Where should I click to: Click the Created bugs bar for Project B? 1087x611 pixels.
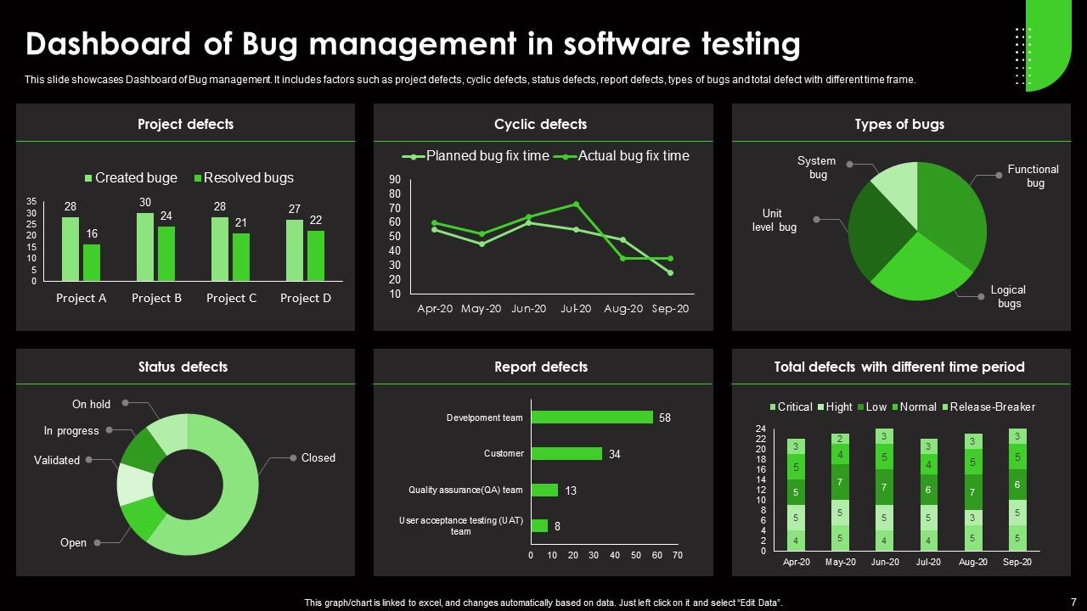(145, 246)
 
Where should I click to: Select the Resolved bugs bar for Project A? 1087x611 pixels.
(92, 262)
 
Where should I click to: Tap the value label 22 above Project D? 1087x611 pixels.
(315, 220)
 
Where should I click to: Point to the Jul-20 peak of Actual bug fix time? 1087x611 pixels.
(576, 204)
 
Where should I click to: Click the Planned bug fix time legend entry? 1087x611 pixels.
(479, 156)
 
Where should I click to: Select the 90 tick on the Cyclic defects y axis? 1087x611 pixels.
(395, 179)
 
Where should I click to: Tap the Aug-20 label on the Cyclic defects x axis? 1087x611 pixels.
(622, 309)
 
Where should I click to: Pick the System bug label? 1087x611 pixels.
(817, 167)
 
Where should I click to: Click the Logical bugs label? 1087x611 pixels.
(1008, 296)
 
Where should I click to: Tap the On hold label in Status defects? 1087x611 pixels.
(91, 404)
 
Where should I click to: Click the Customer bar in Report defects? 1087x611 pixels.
(566, 454)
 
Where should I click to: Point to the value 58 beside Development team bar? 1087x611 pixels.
(665, 418)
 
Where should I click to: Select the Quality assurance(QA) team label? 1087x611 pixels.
(465, 490)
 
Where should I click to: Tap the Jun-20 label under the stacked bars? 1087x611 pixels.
(885, 562)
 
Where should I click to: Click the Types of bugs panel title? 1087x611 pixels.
(899, 124)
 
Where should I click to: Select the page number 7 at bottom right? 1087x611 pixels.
(1073, 600)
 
